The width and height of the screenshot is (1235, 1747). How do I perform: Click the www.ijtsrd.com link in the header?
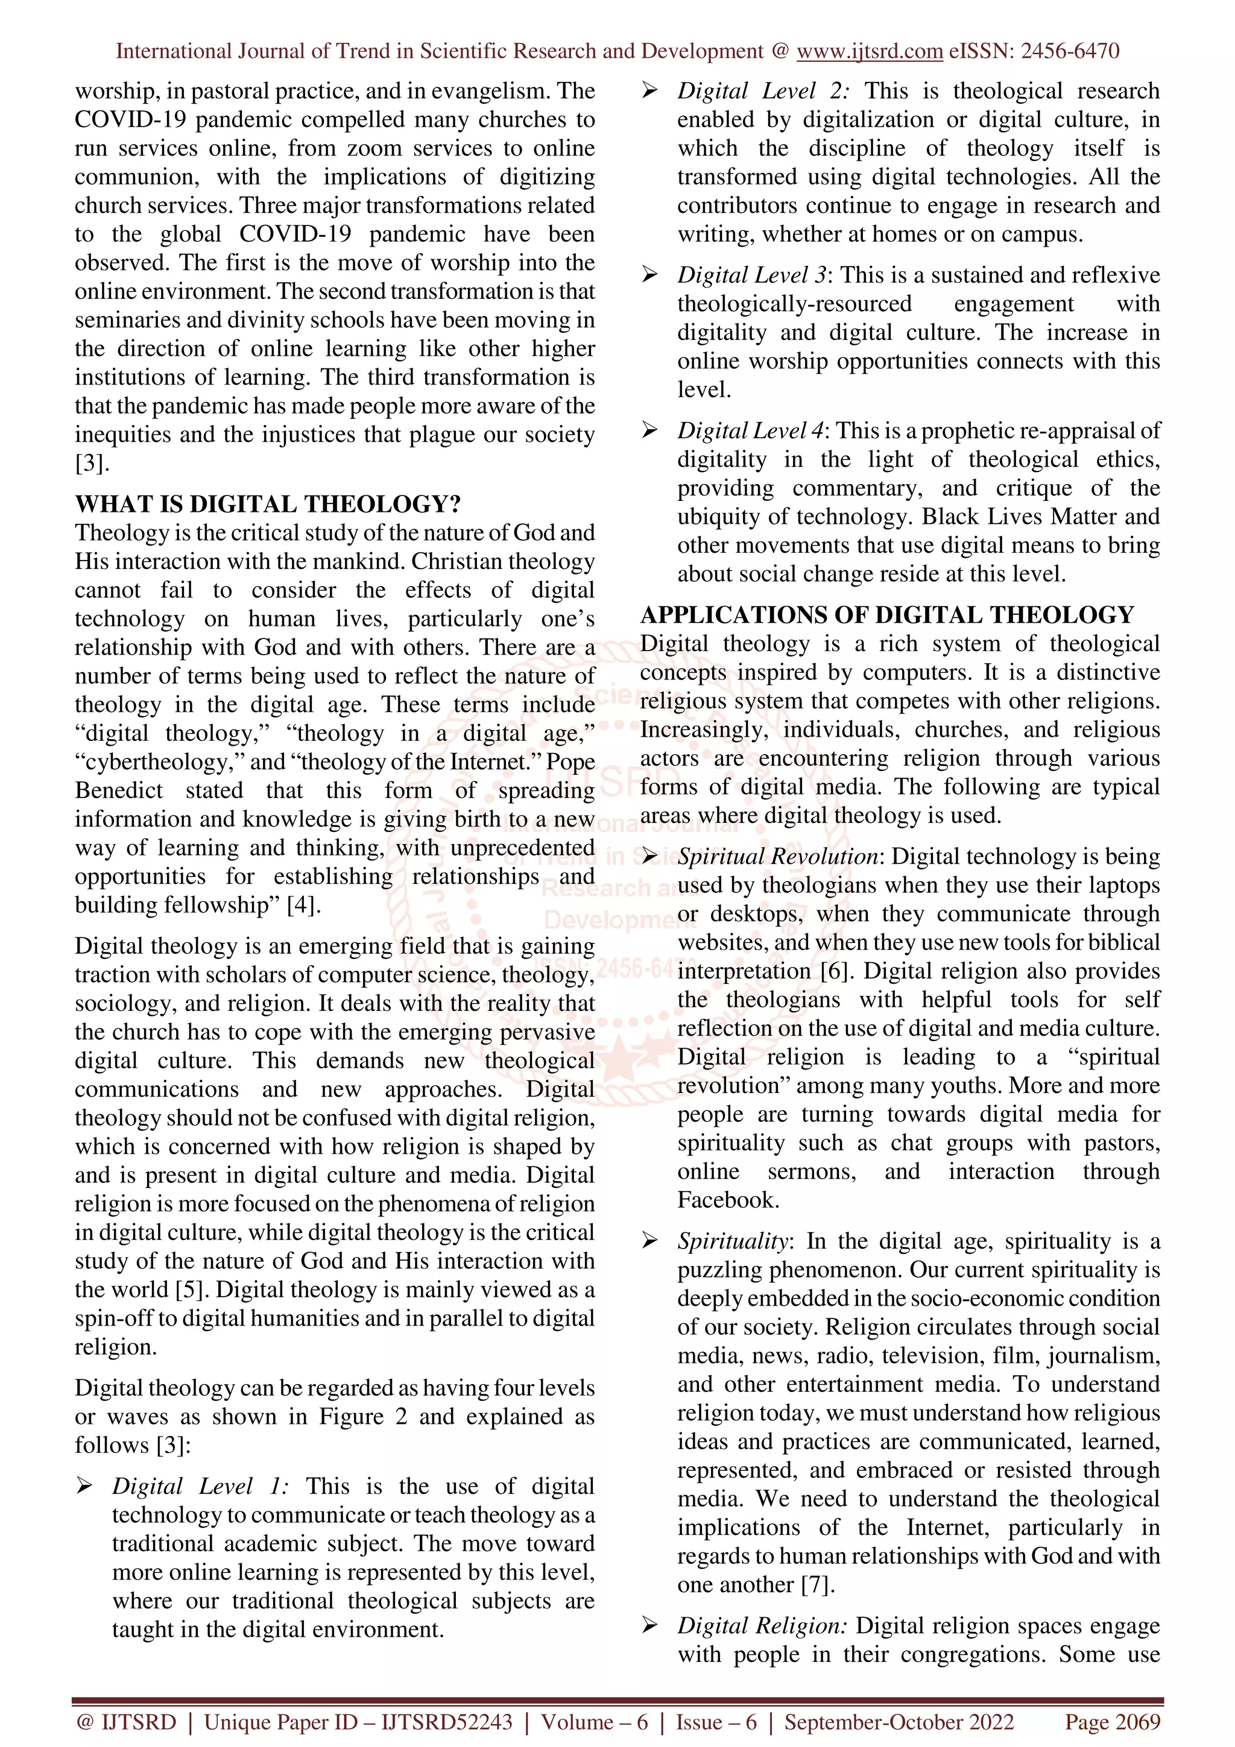coord(869,51)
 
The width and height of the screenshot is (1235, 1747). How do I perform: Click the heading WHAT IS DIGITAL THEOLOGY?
coord(268,505)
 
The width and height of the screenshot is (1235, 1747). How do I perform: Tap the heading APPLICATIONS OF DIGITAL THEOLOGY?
coord(886,615)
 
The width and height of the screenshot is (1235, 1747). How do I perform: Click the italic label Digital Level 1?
coord(200,1486)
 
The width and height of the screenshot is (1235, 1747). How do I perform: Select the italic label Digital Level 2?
coord(763,91)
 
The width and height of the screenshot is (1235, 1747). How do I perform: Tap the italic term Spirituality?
coord(733,1241)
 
